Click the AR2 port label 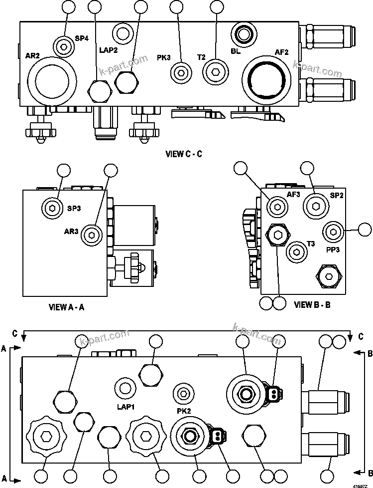pyautogui.click(x=32, y=55)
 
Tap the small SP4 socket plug pyautogui.click(x=63, y=46)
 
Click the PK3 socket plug pyautogui.click(x=180, y=73)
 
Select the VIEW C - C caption pyautogui.click(x=184, y=154)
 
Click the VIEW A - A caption pyautogui.click(x=66, y=307)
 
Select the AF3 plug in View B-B pyautogui.click(x=276, y=206)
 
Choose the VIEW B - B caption pyautogui.click(x=312, y=304)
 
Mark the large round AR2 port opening pyautogui.click(x=52, y=79)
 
